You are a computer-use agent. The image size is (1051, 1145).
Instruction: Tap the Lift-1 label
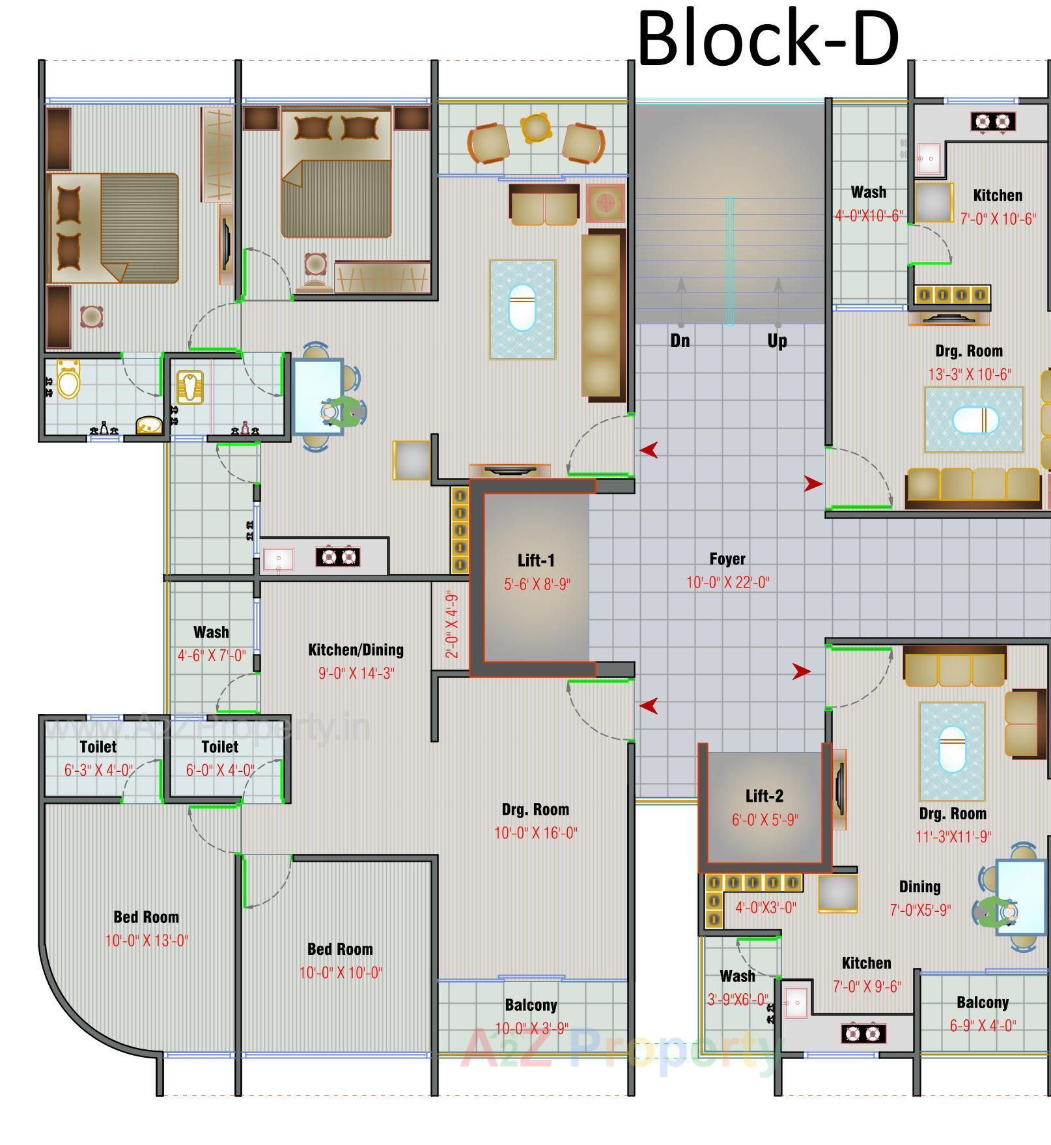[x=536, y=561]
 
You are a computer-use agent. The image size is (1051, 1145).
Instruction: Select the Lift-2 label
[x=764, y=796]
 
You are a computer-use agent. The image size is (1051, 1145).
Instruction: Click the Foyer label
[x=727, y=559]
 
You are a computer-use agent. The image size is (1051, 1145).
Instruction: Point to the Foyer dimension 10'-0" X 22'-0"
[x=727, y=582]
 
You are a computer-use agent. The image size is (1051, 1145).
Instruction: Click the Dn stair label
[x=680, y=341]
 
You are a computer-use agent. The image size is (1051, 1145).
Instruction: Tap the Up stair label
[x=777, y=341]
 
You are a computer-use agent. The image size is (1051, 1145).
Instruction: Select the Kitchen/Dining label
[x=356, y=649]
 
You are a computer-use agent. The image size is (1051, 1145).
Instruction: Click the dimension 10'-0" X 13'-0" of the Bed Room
[x=147, y=940]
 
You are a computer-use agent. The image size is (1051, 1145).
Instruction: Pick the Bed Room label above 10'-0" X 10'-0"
[x=340, y=949]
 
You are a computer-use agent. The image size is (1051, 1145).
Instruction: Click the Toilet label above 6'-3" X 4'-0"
[x=98, y=746]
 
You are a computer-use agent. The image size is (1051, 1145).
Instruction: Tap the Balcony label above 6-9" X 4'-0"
[x=983, y=1002]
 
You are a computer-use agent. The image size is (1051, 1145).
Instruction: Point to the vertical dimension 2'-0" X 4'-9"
[x=453, y=625]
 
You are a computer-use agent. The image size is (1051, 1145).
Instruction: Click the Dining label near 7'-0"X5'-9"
[x=919, y=886]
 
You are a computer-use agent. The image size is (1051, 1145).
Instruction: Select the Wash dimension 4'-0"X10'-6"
[x=869, y=216]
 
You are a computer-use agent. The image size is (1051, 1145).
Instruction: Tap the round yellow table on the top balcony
[x=535, y=128]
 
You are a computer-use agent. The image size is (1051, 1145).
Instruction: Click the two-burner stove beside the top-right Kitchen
[x=993, y=121]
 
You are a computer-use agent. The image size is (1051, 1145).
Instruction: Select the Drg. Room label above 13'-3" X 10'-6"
[x=969, y=351]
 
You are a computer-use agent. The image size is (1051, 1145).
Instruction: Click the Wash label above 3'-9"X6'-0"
[x=737, y=976]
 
